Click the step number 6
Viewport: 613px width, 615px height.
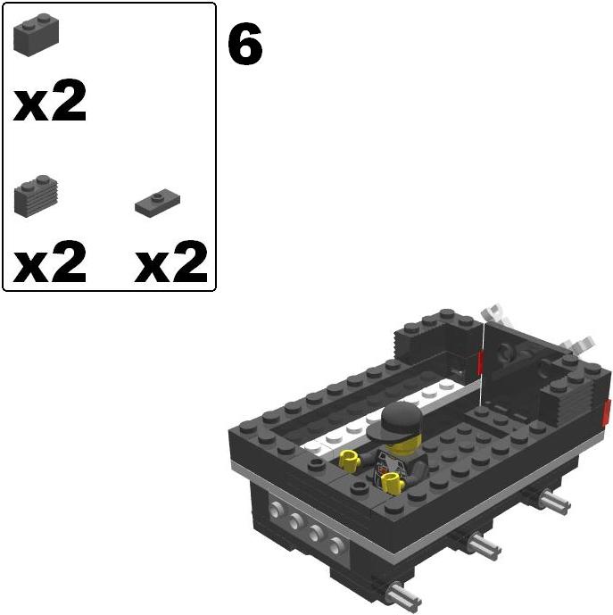[x=245, y=46]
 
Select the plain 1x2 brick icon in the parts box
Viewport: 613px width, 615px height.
[x=36, y=36]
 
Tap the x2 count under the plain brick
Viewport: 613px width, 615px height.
[x=50, y=104]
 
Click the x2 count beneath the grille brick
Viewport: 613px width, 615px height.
[x=50, y=262]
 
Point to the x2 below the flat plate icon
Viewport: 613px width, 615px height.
[x=171, y=262]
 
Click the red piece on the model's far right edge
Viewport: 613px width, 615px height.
[x=607, y=411]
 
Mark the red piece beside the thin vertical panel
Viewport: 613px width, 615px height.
[x=480, y=362]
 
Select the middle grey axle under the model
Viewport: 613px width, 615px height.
[x=480, y=543]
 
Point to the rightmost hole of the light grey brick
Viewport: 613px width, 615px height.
[x=335, y=545]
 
